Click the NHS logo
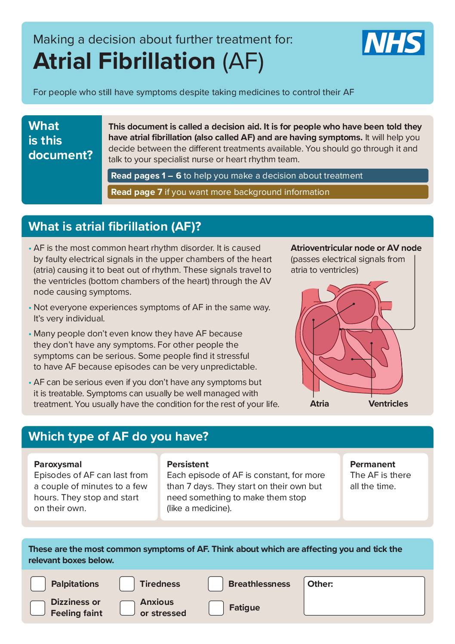[393, 43]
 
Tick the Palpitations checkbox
[38, 584]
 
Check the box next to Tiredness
[127, 584]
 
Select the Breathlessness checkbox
[215, 584]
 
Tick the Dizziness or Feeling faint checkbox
[38, 608]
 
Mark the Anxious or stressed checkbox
[127, 608]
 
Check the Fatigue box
[216, 608]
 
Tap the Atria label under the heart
[320, 404]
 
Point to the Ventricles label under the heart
[388, 404]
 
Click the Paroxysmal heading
[58, 464]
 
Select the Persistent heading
[188, 464]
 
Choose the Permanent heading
[372, 464]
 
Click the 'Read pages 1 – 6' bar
[267, 176]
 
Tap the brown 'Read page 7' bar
[267, 192]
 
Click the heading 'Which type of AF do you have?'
[118, 436]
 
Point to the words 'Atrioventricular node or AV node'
[356, 248]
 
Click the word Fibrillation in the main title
[157, 61]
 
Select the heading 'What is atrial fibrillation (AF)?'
[115, 226]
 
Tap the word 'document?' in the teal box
[61, 155]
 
